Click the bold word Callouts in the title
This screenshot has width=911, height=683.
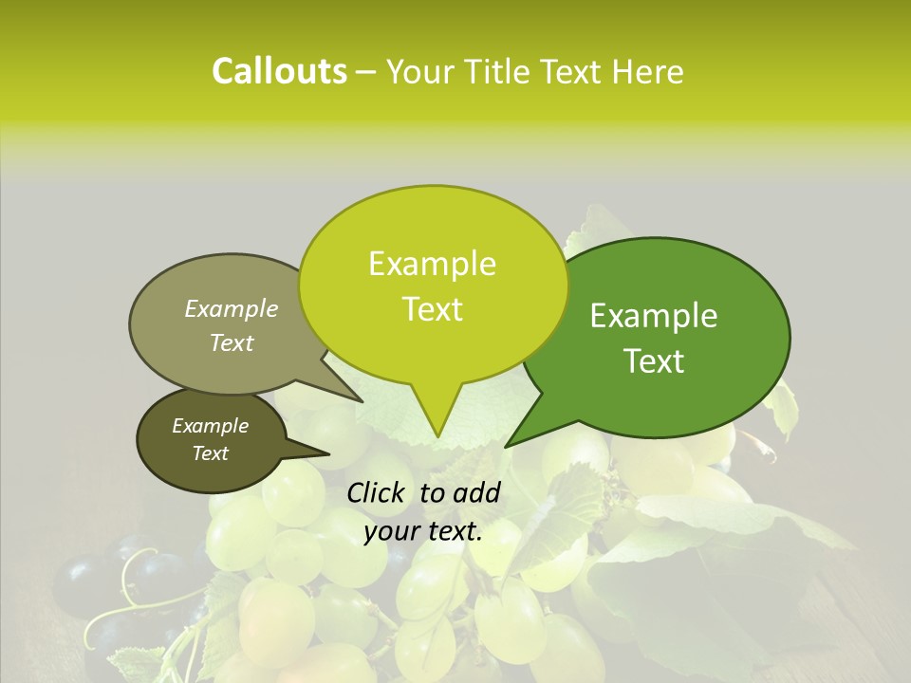pyautogui.click(x=279, y=71)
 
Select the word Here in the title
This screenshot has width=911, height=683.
pyautogui.click(x=647, y=71)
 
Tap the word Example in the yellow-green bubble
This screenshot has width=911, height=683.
pyautogui.click(x=432, y=264)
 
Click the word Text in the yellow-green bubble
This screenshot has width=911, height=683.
pyautogui.click(x=432, y=309)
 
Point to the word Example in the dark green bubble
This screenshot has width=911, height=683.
pyautogui.click(x=654, y=316)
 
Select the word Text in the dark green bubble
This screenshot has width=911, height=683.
pyautogui.click(x=654, y=361)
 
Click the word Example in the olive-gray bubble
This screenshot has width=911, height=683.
pyautogui.click(x=232, y=309)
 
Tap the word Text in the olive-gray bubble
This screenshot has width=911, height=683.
pyautogui.click(x=232, y=342)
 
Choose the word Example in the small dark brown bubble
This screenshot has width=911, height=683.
pyautogui.click(x=210, y=426)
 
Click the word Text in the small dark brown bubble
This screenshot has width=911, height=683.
pyautogui.click(x=210, y=453)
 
